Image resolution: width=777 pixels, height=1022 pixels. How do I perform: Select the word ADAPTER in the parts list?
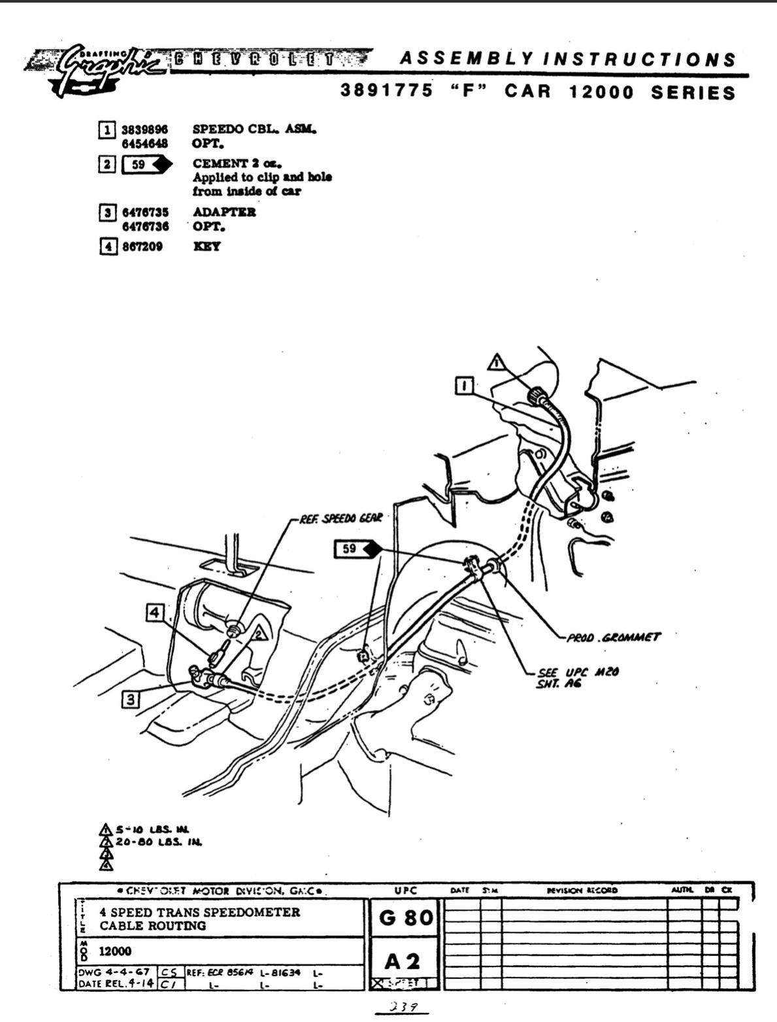click(224, 212)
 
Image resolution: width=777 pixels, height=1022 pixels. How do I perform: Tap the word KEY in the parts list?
click(206, 247)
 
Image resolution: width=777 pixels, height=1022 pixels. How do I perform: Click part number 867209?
click(142, 247)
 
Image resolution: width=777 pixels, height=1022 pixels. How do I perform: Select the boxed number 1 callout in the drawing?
click(465, 386)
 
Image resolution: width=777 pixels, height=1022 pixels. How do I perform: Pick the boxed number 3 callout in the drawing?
click(131, 700)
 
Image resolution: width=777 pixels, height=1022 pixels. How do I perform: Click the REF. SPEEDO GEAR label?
click(340, 519)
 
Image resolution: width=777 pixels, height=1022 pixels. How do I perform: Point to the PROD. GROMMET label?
click(613, 636)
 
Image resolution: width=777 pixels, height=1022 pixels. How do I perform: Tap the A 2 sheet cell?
click(402, 961)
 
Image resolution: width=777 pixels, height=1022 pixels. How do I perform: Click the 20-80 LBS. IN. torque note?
click(158, 842)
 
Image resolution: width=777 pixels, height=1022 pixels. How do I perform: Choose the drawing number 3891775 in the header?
click(386, 91)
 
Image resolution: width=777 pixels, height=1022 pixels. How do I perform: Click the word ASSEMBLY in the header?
click(463, 59)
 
